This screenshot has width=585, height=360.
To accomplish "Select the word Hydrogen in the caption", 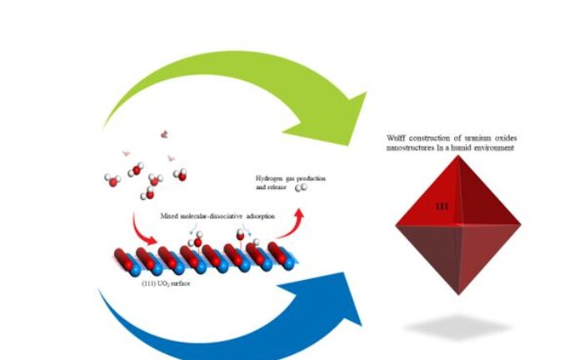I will pos(271,179).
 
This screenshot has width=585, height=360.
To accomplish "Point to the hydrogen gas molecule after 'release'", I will pos(302,188).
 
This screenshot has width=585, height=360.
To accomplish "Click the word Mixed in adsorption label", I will pos(169,215).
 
